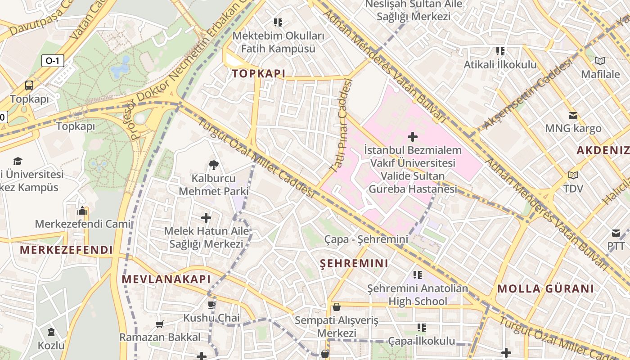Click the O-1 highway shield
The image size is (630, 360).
53,60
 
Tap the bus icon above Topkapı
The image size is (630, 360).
29,85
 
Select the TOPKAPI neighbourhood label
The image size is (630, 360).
258,74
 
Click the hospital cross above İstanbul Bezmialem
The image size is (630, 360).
412,137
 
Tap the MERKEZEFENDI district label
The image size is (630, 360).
66,250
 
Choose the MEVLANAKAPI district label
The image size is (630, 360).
166,279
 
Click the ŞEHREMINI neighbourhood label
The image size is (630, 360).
354,263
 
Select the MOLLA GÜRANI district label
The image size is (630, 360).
545,288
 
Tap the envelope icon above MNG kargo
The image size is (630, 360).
573,116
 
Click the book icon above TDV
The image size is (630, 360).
573,175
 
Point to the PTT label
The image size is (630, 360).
616,246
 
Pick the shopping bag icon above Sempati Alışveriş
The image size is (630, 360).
336,307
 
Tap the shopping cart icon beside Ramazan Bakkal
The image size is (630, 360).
159,324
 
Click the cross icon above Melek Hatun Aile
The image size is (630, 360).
206,218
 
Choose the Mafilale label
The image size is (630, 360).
600,74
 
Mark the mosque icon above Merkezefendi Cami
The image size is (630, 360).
82,211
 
